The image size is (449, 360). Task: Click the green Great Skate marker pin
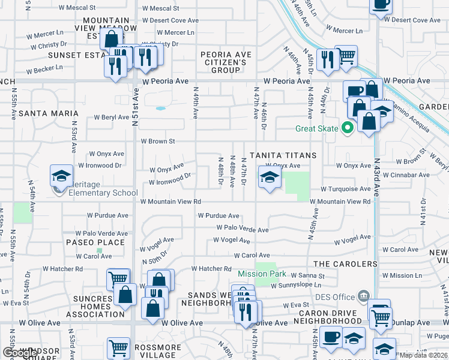tap(346, 128)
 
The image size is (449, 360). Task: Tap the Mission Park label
tap(262, 274)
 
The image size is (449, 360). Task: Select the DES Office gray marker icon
tap(363, 296)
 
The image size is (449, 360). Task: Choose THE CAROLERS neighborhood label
tap(345, 264)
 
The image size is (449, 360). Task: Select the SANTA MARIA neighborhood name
tap(48, 113)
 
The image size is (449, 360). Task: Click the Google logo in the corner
tap(19, 353)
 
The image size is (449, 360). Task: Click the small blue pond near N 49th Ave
tap(160, 109)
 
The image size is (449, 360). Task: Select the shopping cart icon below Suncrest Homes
tap(118, 348)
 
